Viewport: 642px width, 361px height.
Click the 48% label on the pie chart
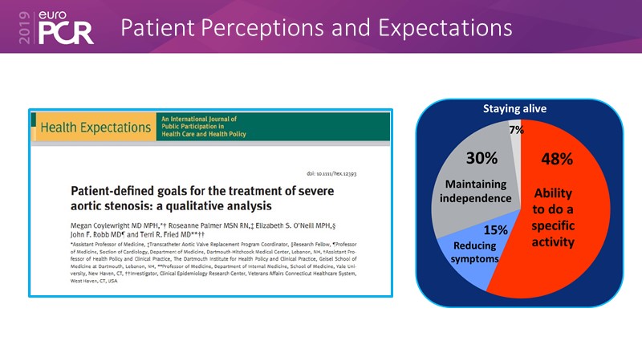(555, 159)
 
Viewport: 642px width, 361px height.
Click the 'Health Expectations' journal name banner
(95, 128)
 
